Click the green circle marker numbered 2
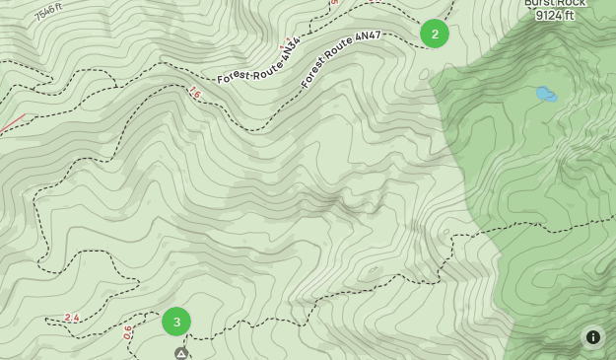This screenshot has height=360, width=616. (435, 34)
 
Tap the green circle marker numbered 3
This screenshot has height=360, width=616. (176, 322)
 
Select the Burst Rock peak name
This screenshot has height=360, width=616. (555, 3)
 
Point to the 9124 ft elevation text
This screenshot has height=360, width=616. (555, 16)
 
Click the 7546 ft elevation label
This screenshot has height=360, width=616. (48, 13)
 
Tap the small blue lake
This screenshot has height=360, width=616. (545, 95)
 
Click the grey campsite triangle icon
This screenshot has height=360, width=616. (181, 353)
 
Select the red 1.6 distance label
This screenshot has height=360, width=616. (194, 93)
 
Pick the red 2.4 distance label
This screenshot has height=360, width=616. (71, 318)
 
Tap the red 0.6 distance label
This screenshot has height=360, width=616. (128, 333)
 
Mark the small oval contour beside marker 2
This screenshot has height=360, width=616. (424, 74)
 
